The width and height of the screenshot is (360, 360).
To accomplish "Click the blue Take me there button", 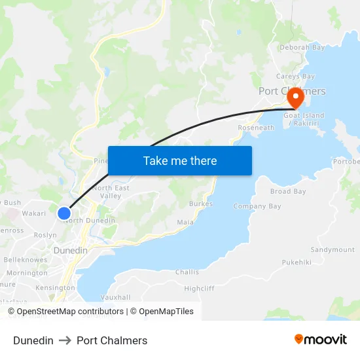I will pos(180,160).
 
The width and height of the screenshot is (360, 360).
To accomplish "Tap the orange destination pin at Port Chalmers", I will pos(295,98).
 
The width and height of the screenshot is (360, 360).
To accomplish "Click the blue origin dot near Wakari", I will pos(64,213).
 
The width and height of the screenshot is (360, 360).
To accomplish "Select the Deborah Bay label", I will pos(302,47).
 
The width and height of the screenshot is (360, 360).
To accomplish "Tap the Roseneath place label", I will pos(256,128).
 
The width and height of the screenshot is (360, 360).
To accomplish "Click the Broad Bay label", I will pos(288,192).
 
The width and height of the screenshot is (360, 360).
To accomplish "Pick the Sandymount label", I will pos(333,250).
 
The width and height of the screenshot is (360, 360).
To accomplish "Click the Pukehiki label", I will pos(297,262).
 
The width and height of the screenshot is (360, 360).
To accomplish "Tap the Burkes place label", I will pos(201,204).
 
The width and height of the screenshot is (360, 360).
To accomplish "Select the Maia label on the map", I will pos(185,223).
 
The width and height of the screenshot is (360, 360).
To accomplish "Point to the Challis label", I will pos(187,272).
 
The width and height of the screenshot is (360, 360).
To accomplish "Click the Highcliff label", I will pos(199,289).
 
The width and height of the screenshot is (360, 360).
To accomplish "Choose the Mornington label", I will pos(27,273).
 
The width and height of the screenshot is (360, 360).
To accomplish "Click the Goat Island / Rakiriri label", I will pos(304,119).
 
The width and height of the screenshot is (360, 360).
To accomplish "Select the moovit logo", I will pos(320,340).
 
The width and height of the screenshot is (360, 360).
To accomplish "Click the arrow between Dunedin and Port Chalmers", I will pos(65,340).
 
